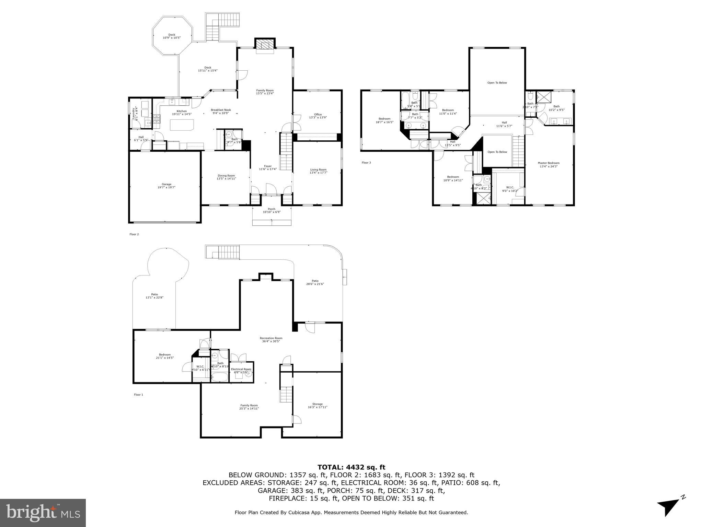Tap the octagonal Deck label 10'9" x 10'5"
[172, 36]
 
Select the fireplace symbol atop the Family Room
[265, 44]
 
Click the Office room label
[318, 116]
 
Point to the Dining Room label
[226, 177]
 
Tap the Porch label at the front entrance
[272, 210]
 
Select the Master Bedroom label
[549, 165]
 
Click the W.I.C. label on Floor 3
[510, 189]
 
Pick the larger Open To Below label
[497, 83]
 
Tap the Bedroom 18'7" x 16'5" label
[384, 120]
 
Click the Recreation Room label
[271, 340]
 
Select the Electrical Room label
[241, 371]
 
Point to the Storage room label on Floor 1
[318, 406]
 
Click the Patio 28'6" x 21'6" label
[315, 282]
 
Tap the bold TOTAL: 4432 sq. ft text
[351, 467]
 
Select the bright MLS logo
[43, 513]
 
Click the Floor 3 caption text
[366, 163]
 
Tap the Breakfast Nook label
[221, 112]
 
